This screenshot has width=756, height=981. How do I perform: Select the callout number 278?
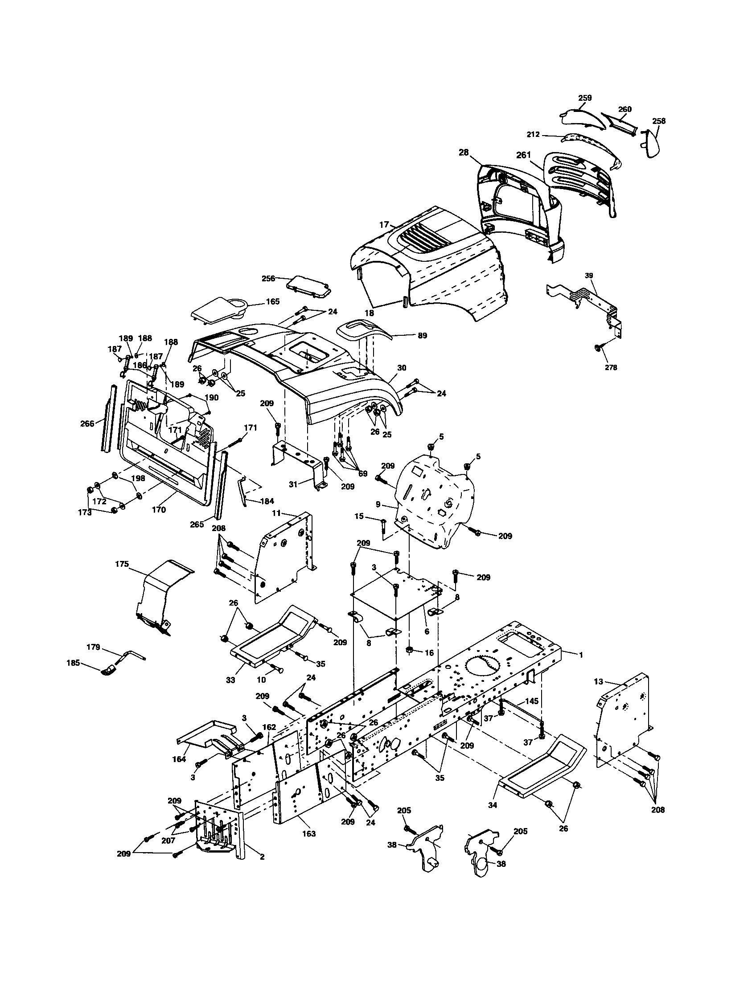tap(611, 367)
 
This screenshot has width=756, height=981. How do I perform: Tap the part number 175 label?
tap(122, 564)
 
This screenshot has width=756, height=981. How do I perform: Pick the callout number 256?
tap(268, 279)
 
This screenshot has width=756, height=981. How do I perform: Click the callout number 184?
tap(267, 501)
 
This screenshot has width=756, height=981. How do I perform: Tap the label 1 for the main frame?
tap(581, 655)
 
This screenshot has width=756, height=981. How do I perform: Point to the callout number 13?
tap(598, 682)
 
